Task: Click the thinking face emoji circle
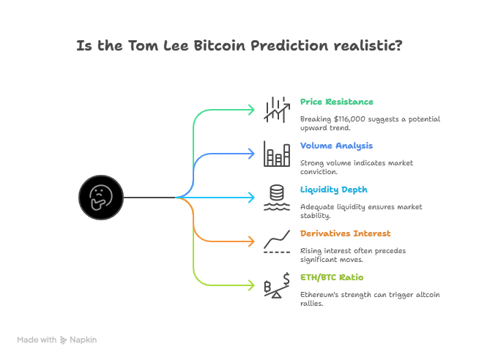101,198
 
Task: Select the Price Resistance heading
337,102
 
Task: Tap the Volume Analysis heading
336,146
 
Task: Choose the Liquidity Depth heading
333,190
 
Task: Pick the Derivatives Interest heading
345,233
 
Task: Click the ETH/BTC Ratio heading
332,277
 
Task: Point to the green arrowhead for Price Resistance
251,110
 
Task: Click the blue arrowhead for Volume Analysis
251,154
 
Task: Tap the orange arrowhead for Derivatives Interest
251,241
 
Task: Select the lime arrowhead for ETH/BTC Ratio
251,285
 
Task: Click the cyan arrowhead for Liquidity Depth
251,198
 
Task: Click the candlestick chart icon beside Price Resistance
277,110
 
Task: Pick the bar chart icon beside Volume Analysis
277,154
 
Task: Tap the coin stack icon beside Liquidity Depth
277,198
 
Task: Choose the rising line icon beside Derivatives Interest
277,241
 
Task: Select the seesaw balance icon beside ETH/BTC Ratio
277,285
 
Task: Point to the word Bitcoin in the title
219,46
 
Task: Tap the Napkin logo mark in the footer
63,340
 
